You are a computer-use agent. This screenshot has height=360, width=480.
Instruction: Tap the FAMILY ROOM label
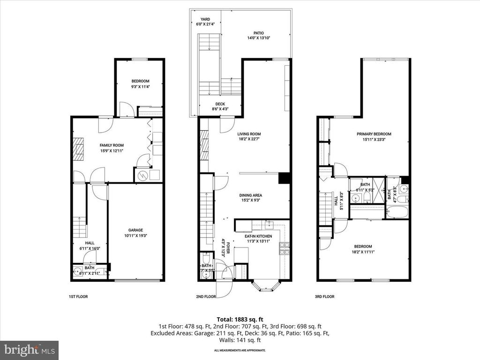coord(111,146)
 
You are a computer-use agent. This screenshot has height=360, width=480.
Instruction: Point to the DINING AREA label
coord(250,195)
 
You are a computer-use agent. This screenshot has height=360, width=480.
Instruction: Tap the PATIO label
coord(259,33)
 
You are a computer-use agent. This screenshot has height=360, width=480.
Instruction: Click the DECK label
coord(220,105)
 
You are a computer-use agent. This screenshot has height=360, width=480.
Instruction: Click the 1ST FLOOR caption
coord(78,297)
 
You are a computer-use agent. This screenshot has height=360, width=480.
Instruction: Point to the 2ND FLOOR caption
coord(206,297)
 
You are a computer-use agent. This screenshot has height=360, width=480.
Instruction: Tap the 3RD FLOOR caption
coord(325,297)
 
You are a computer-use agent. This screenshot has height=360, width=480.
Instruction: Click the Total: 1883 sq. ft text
coord(240,318)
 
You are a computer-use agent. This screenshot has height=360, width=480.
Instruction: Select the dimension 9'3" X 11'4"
coord(140,86)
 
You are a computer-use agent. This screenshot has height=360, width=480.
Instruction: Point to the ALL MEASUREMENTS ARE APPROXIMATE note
coord(240,350)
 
